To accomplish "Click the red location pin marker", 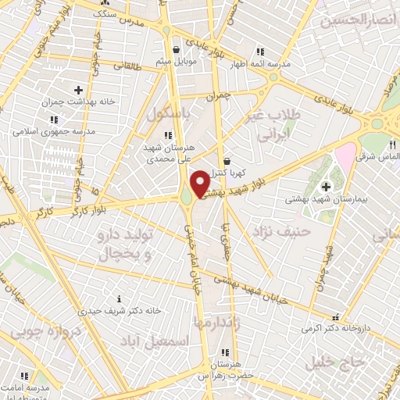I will pos(200,184).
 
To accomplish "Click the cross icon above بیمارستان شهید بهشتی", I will pos(326,186).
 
